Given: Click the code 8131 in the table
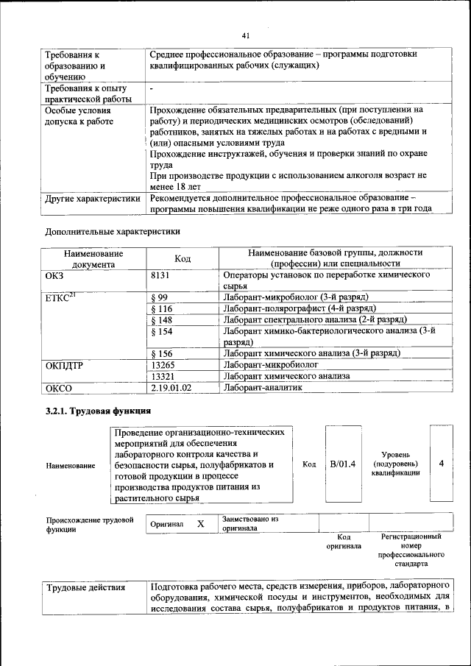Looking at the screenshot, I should tap(160, 274).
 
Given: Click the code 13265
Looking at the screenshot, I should tap(163, 364).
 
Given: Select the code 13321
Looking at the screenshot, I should tap(163, 375).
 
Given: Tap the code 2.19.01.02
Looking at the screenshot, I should tap(171, 387).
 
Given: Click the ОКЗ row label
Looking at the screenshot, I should tap(56, 274).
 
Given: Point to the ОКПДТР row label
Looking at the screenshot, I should tap(65, 365).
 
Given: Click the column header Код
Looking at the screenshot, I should tap(183, 258).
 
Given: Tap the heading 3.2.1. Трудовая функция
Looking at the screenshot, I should tap(98, 411).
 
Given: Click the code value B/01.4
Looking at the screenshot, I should tap(342, 464).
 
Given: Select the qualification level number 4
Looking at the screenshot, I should tap(441, 464).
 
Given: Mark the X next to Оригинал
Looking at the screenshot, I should tap(200, 524).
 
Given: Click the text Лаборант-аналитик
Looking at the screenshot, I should tap(263, 387).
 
